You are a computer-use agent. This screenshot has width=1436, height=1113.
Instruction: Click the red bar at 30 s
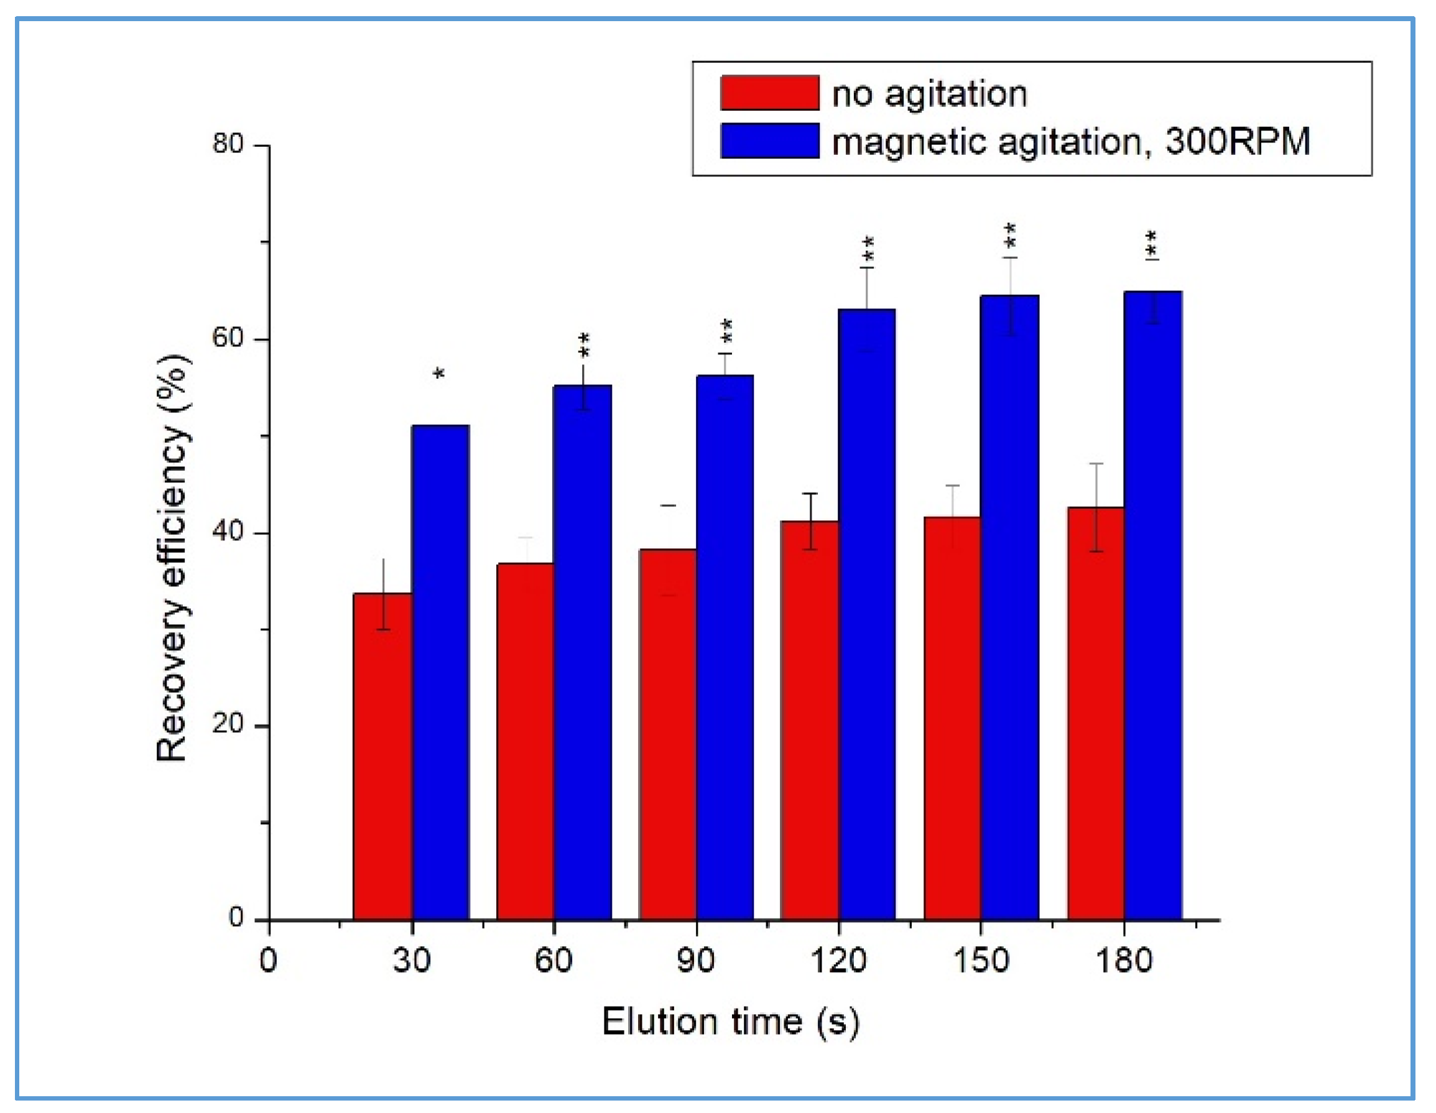[x=382, y=756]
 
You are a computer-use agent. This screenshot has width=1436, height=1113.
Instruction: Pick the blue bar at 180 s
[x=1152, y=605]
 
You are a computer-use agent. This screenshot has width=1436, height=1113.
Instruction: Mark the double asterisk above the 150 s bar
[x=1010, y=236]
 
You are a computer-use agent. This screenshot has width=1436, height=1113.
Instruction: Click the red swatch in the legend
[x=769, y=93]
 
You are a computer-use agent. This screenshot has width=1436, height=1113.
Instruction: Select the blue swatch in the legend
[x=769, y=141]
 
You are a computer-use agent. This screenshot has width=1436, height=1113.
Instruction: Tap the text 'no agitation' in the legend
[x=929, y=94]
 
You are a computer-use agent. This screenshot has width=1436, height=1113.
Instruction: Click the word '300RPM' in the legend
[x=1238, y=141]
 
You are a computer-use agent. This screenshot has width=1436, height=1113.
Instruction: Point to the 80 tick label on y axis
[x=228, y=143]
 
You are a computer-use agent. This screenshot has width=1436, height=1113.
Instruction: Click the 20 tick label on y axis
[x=228, y=724]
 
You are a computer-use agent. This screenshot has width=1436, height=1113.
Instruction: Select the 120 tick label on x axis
[x=838, y=961]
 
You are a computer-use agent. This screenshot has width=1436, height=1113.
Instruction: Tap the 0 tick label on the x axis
[x=268, y=961]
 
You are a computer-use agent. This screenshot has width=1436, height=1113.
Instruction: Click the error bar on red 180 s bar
[x=1095, y=507]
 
